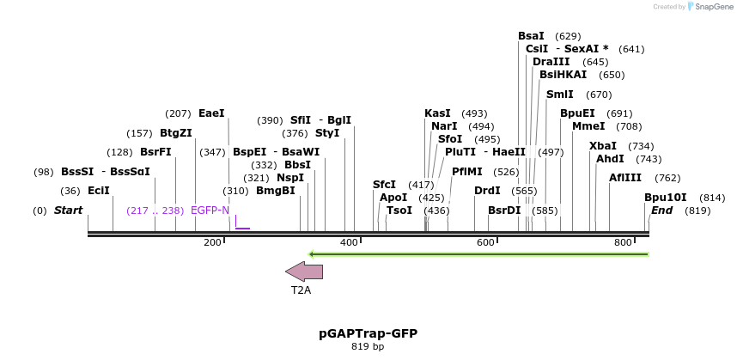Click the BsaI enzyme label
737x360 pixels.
click(x=531, y=36)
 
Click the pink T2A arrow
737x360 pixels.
click(x=304, y=272)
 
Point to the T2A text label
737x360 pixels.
click(x=301, y=290)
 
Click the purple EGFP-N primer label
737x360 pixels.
click(x=210, y=211)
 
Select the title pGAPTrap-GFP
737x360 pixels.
click(x=368, y=333)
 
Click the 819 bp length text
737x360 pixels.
click(x=368, y=347)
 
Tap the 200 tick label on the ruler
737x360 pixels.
click(x=212, y=243)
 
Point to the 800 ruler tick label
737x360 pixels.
click(x=623, y=243)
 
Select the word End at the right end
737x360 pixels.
click(x=661, y=211)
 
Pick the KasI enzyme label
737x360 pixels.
click(x=437, y=113)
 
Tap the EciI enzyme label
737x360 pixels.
click(x=99, y=191)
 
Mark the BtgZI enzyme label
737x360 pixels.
click(x=176, y=133)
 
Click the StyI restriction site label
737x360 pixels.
click(x=327, y=133)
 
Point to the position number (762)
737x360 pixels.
click(x=667, y=178)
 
